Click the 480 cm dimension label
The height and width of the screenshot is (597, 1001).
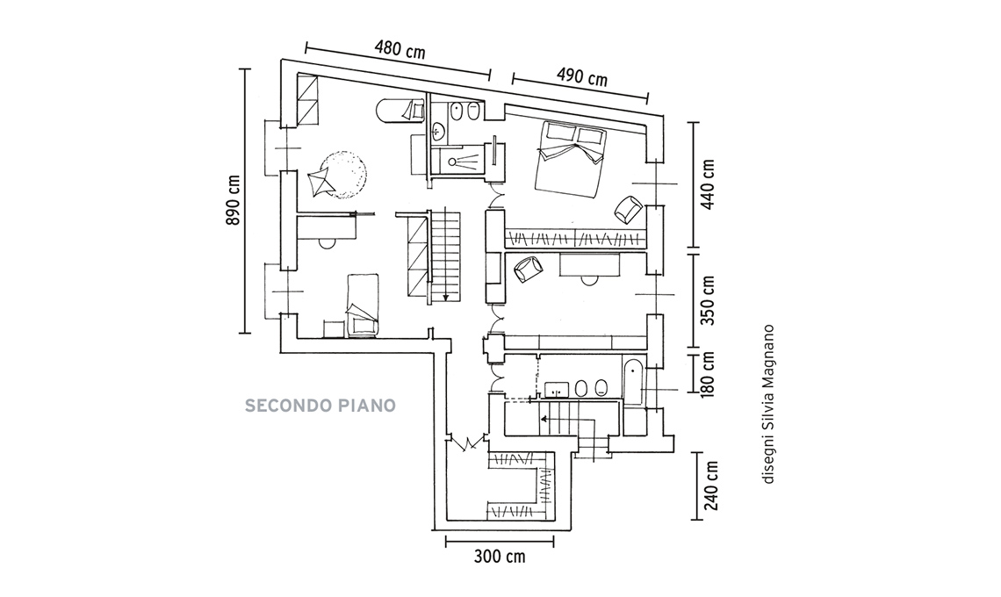[400, 48]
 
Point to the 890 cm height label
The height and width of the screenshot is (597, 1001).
[234, 201]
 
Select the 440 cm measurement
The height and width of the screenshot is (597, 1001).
[709, 184]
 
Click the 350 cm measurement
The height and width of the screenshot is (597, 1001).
[709, 300]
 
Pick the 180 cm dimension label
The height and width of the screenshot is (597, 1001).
[709, 372]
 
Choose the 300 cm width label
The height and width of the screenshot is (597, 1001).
[499, 556]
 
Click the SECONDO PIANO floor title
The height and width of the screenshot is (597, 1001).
[320, 406]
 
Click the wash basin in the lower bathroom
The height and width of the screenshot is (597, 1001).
[556, 389]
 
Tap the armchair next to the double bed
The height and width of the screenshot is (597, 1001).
[627, 209]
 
